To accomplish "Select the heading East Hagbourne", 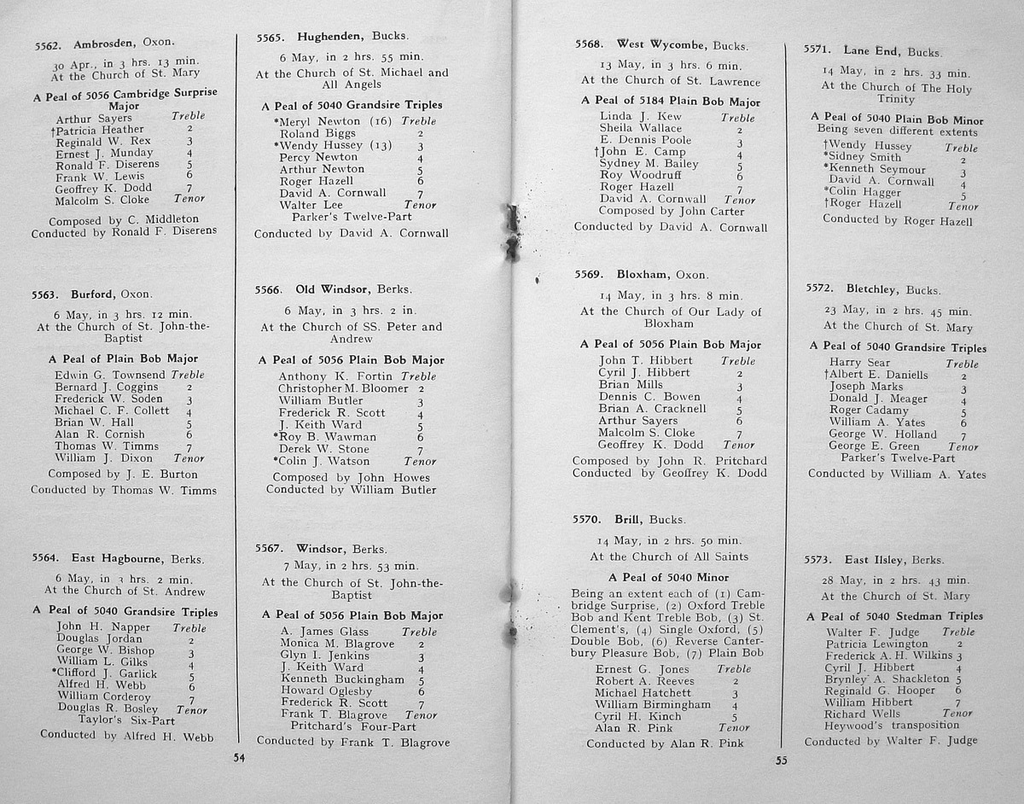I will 117,559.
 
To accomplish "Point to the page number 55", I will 781,761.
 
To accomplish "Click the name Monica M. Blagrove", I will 337,644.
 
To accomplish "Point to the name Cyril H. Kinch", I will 638,717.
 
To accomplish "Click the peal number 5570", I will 588,519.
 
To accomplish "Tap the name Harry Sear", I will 859,363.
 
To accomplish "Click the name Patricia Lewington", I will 876,644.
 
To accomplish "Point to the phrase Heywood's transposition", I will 892,725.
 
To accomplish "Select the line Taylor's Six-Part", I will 126,720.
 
